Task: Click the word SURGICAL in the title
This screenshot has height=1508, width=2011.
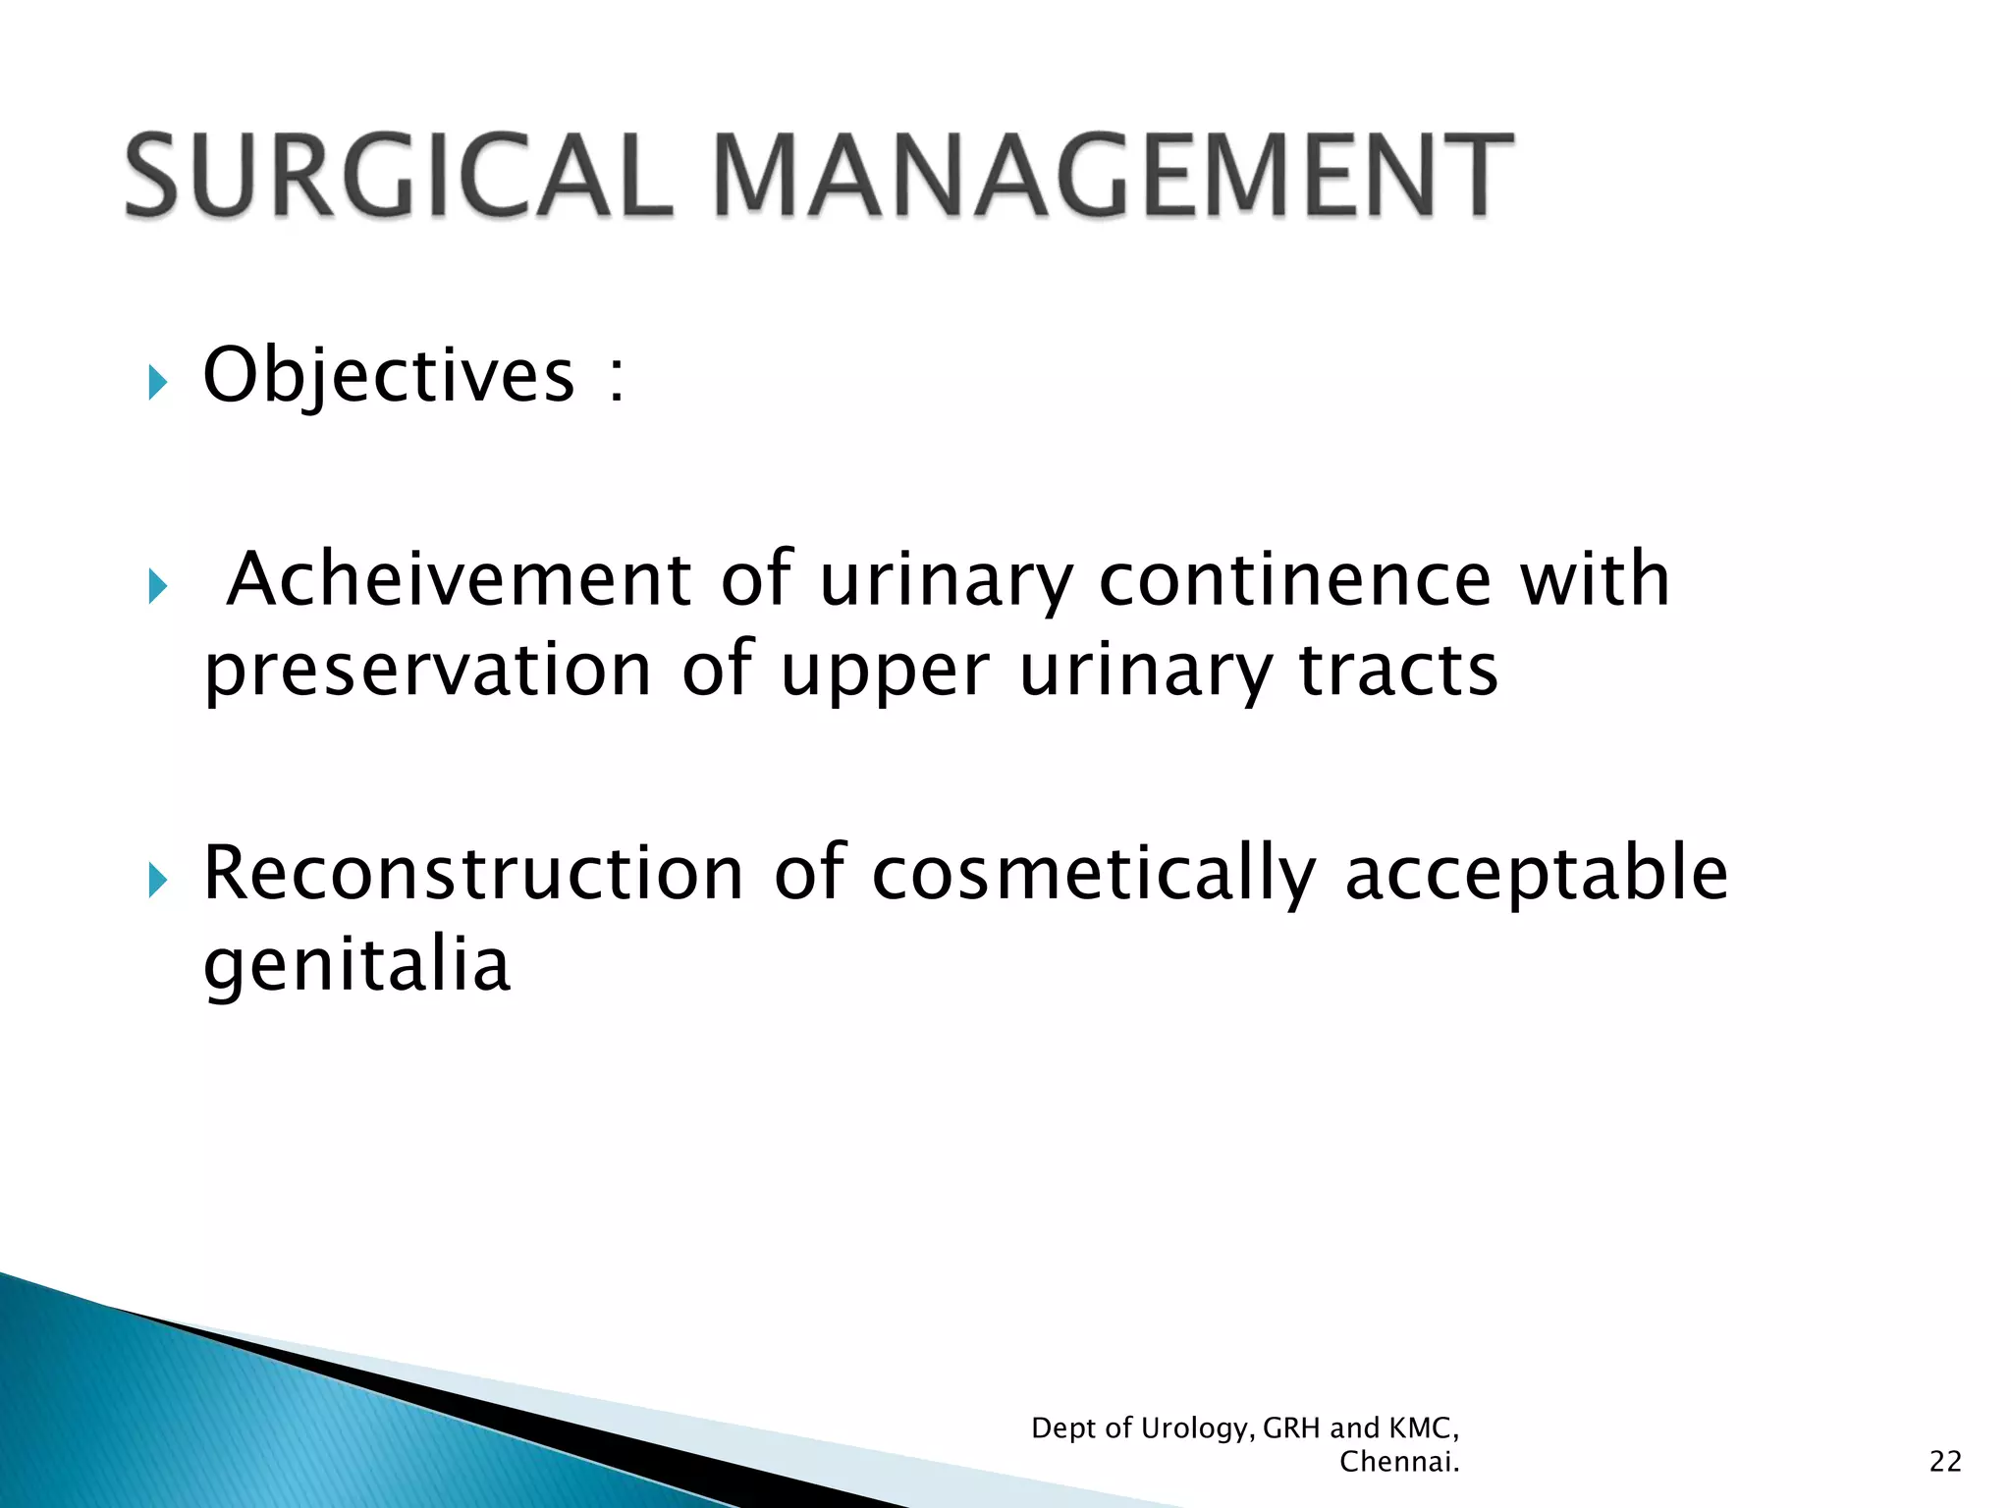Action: click(x=398, y=177)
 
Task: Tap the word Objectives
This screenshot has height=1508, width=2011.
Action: click(x=388, y=376)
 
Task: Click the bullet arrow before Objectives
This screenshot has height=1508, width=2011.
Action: click(x=157, y=382)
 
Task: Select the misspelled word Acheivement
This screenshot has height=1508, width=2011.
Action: click(x=459, y=579)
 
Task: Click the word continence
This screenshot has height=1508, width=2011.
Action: click(x=1294, y=579)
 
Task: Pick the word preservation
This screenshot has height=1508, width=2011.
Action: click(x=428, y=672)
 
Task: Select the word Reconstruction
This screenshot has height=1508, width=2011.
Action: click(x=473, y=873)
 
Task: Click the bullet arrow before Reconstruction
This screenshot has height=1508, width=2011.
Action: click(x=157, y=881)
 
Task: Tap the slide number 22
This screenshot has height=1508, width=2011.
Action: click(x=1944, y=1462)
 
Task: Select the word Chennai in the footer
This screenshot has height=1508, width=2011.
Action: click(x=1397, y=1462)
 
